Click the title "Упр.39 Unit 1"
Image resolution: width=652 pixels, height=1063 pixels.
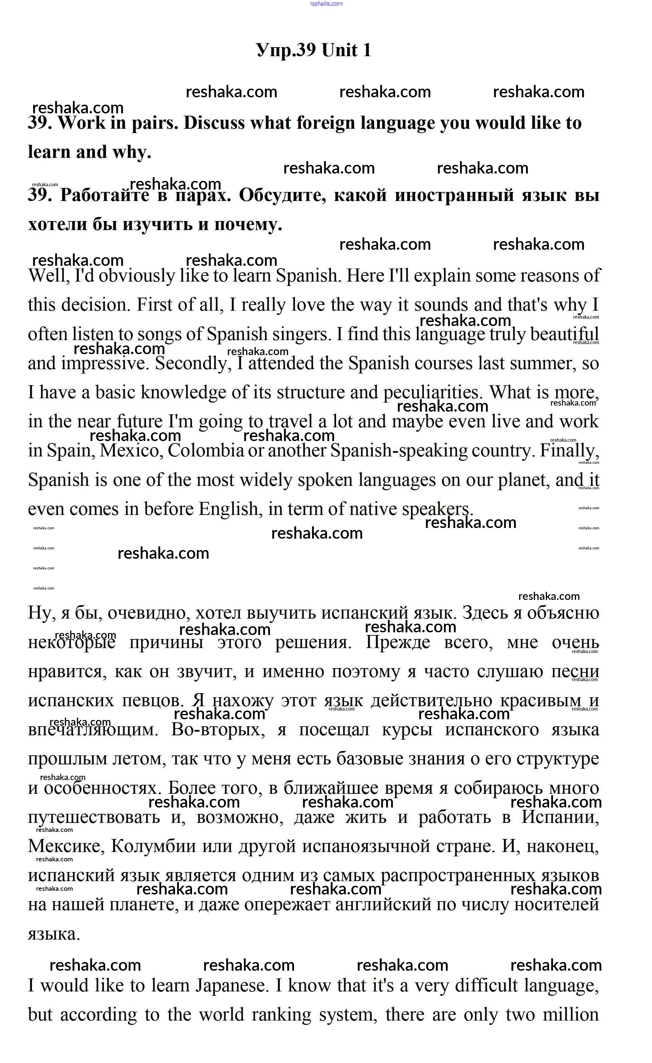(314, 50)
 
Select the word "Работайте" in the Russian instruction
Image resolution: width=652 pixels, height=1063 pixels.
(105, 196)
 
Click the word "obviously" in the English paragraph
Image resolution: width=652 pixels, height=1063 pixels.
(137, 276)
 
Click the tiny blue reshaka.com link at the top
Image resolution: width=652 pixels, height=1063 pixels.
(326, 3)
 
